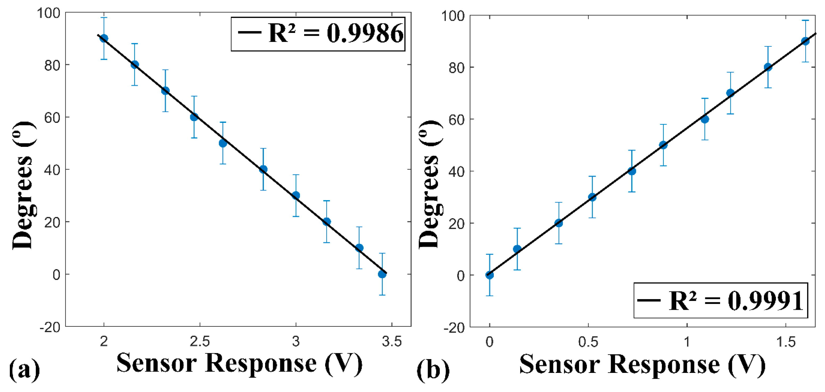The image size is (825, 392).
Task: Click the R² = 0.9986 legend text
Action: click(x=336, y=34)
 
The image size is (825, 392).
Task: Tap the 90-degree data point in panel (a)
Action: click(x=104, y=38)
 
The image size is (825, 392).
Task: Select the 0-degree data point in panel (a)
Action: click(x=382, y=274)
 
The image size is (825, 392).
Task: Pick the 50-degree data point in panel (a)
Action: click(x=223, y=143)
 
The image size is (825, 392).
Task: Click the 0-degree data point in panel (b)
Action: click(x=489, y=275)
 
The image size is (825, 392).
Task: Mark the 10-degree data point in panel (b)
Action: click(x=517, y=249)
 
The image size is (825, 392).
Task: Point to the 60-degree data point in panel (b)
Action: click(x=705, y=119)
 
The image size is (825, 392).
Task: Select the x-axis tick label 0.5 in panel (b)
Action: click(x=588, y=342)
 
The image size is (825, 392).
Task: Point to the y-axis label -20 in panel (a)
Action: click(x=50, y=327)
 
